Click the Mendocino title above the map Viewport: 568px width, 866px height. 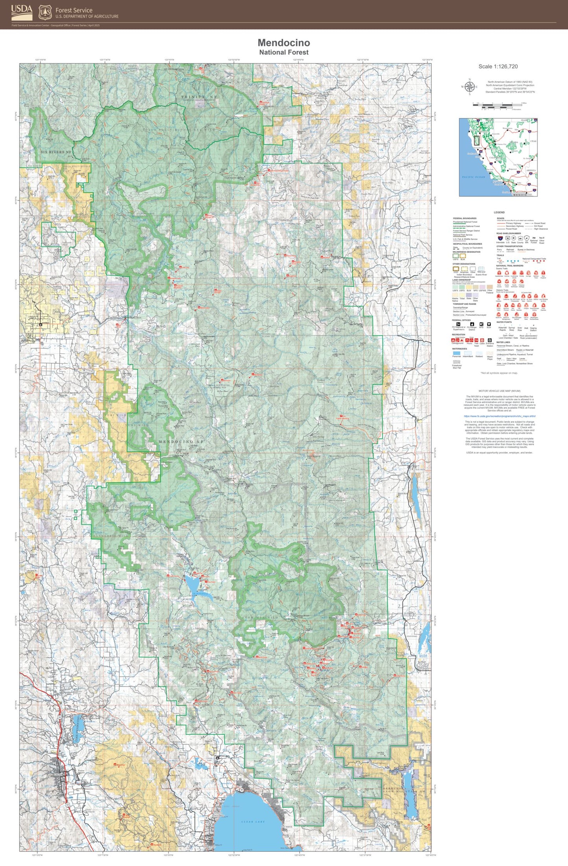pos(284,43)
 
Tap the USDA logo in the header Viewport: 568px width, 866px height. pos(22,13)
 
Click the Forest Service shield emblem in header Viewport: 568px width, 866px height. pos(46,13)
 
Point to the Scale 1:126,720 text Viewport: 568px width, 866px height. pos(498,66)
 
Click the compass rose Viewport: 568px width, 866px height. pos(469,87)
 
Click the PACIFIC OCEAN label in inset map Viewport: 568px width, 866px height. pos(474,177)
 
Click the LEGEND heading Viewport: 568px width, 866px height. pos(499,213)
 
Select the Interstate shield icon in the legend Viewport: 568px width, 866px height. pos(500,238)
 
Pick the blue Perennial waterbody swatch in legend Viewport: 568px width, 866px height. pos(456,353)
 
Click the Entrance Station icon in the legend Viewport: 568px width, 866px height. pos(489,340)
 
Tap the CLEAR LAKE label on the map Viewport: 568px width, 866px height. pos(253,822)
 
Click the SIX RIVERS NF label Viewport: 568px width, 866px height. pos(56,152)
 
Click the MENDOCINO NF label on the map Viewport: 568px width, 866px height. pos(181,442)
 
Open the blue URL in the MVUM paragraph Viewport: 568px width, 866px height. pos(499,416)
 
